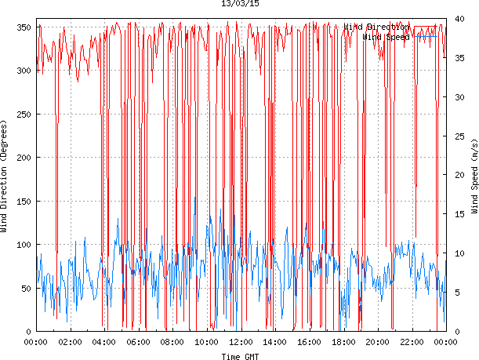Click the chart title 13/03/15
[x=240, y=4]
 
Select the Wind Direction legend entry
[x=376, y=27]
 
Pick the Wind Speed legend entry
[x=386, y=37]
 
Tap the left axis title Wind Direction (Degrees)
[x=5, y=177]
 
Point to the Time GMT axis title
[x=240, y=356]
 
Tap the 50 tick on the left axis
[x=24, y=289]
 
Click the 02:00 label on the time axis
[x=70, y=342]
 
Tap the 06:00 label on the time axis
[x=138, y=342]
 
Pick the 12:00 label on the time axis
[x=241, y=342]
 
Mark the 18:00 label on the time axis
[x=343, y=342]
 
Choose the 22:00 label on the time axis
[x=412, y=342]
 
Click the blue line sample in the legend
[x=428, y=37]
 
